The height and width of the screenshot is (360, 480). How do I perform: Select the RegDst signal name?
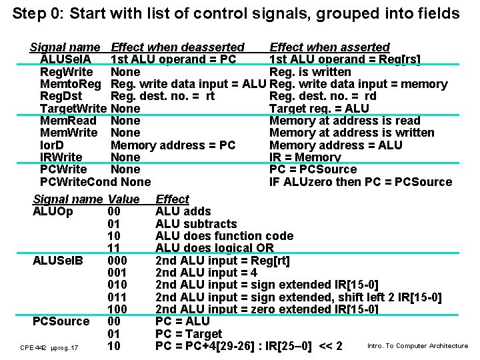point(61,96)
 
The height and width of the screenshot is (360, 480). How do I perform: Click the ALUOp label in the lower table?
point(53,211)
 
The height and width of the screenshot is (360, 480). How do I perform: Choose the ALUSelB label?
point(58,260)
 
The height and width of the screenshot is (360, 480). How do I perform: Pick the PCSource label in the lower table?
point(61,321)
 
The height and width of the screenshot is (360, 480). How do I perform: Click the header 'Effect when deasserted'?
point(177,47)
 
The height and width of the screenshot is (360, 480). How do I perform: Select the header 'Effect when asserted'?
point(329,47)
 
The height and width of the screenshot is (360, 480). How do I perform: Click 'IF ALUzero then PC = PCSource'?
point(360,181)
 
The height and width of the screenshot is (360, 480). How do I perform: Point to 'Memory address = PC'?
point(173,145)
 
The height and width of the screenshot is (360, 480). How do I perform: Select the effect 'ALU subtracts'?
point(196,223)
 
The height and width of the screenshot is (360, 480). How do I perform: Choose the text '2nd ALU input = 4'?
point(206,272)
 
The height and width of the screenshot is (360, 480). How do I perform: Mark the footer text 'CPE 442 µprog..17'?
point(49,347)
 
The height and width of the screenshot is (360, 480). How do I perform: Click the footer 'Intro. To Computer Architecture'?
point(417,345)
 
